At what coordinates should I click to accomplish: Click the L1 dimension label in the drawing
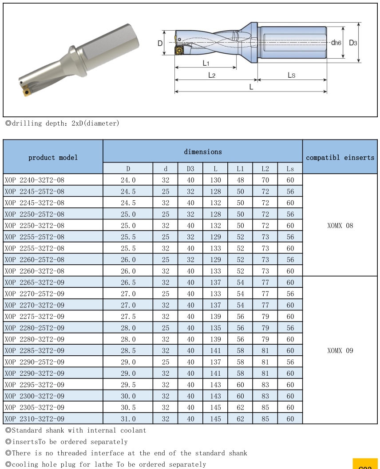pos(206,63)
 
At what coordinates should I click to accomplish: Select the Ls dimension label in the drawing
pos(291,75)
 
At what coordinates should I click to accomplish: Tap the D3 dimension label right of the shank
pos(353,43)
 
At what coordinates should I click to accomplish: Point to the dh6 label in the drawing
pos(336,43)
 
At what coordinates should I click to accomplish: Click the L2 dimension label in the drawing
pos(212,75)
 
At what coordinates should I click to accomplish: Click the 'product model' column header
pos(53,157)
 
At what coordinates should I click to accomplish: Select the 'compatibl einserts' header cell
pos(340,157)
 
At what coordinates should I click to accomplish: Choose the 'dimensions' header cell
pos(202,151)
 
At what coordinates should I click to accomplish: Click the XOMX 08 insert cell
pos(340,225)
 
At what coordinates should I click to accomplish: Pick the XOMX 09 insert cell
pos(340,350)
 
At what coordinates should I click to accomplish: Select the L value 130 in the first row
pos(215,180)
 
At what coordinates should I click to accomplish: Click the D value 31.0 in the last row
pos(128,418)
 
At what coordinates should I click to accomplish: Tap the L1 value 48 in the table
pos(240,180)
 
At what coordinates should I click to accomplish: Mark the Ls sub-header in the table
pos(290,169)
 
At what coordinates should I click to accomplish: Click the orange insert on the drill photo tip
pos(25,91)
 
